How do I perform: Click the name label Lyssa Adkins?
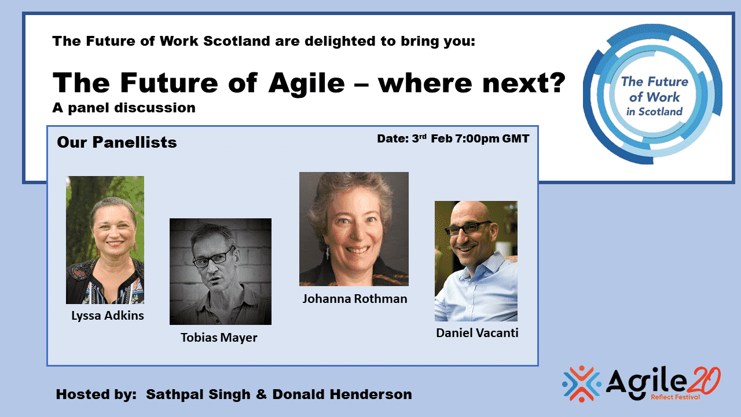tap(108, 316)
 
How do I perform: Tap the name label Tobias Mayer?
tap(219, 338)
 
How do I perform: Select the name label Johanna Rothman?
tap(355, 299)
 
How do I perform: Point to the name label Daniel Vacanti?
tap(477, 333)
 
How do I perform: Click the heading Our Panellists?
tap(117, 142)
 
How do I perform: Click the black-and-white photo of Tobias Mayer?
tap(221, 272)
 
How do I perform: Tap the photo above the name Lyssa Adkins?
tap(105, 240)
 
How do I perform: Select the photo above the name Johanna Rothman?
tap(354, 229)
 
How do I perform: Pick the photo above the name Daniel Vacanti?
tap(476, 261)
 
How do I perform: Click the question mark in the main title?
tap(556, 83)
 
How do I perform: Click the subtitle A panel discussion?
tap(124, 108)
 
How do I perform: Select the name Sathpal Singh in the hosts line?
tap(198, 394)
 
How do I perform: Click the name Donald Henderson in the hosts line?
tap(342, 394)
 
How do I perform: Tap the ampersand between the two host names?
tap(261, 394)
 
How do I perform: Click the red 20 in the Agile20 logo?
tap(702, 381)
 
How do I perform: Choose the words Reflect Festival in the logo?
tap(676, 397)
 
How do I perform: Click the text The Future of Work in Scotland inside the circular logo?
tap(654, 96)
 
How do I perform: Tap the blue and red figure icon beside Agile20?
tap(582, 383)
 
